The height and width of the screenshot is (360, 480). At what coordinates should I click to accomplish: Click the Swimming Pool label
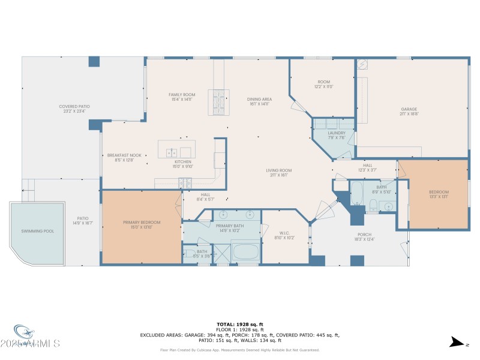point(36,231)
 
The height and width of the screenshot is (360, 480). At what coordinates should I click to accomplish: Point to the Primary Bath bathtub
point(244,252)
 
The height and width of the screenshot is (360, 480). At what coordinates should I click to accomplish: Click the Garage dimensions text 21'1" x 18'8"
point(409,113)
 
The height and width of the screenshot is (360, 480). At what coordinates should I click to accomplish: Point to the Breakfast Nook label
point(124,155)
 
